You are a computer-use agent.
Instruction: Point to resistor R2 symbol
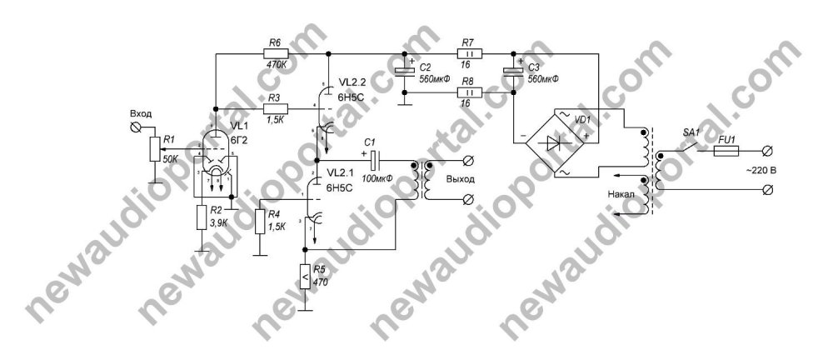click(x=201, y=217)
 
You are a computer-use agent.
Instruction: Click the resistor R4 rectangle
click(x=260, y=222)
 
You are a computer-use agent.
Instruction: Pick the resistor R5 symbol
click(x=305, y=276)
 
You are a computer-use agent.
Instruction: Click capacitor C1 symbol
click(x=374, y=159)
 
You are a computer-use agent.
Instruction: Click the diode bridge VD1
click(x=566, y=142)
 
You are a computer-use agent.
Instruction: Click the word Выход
click(x=459, y=179)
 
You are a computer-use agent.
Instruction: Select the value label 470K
click(x=275, y=67)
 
